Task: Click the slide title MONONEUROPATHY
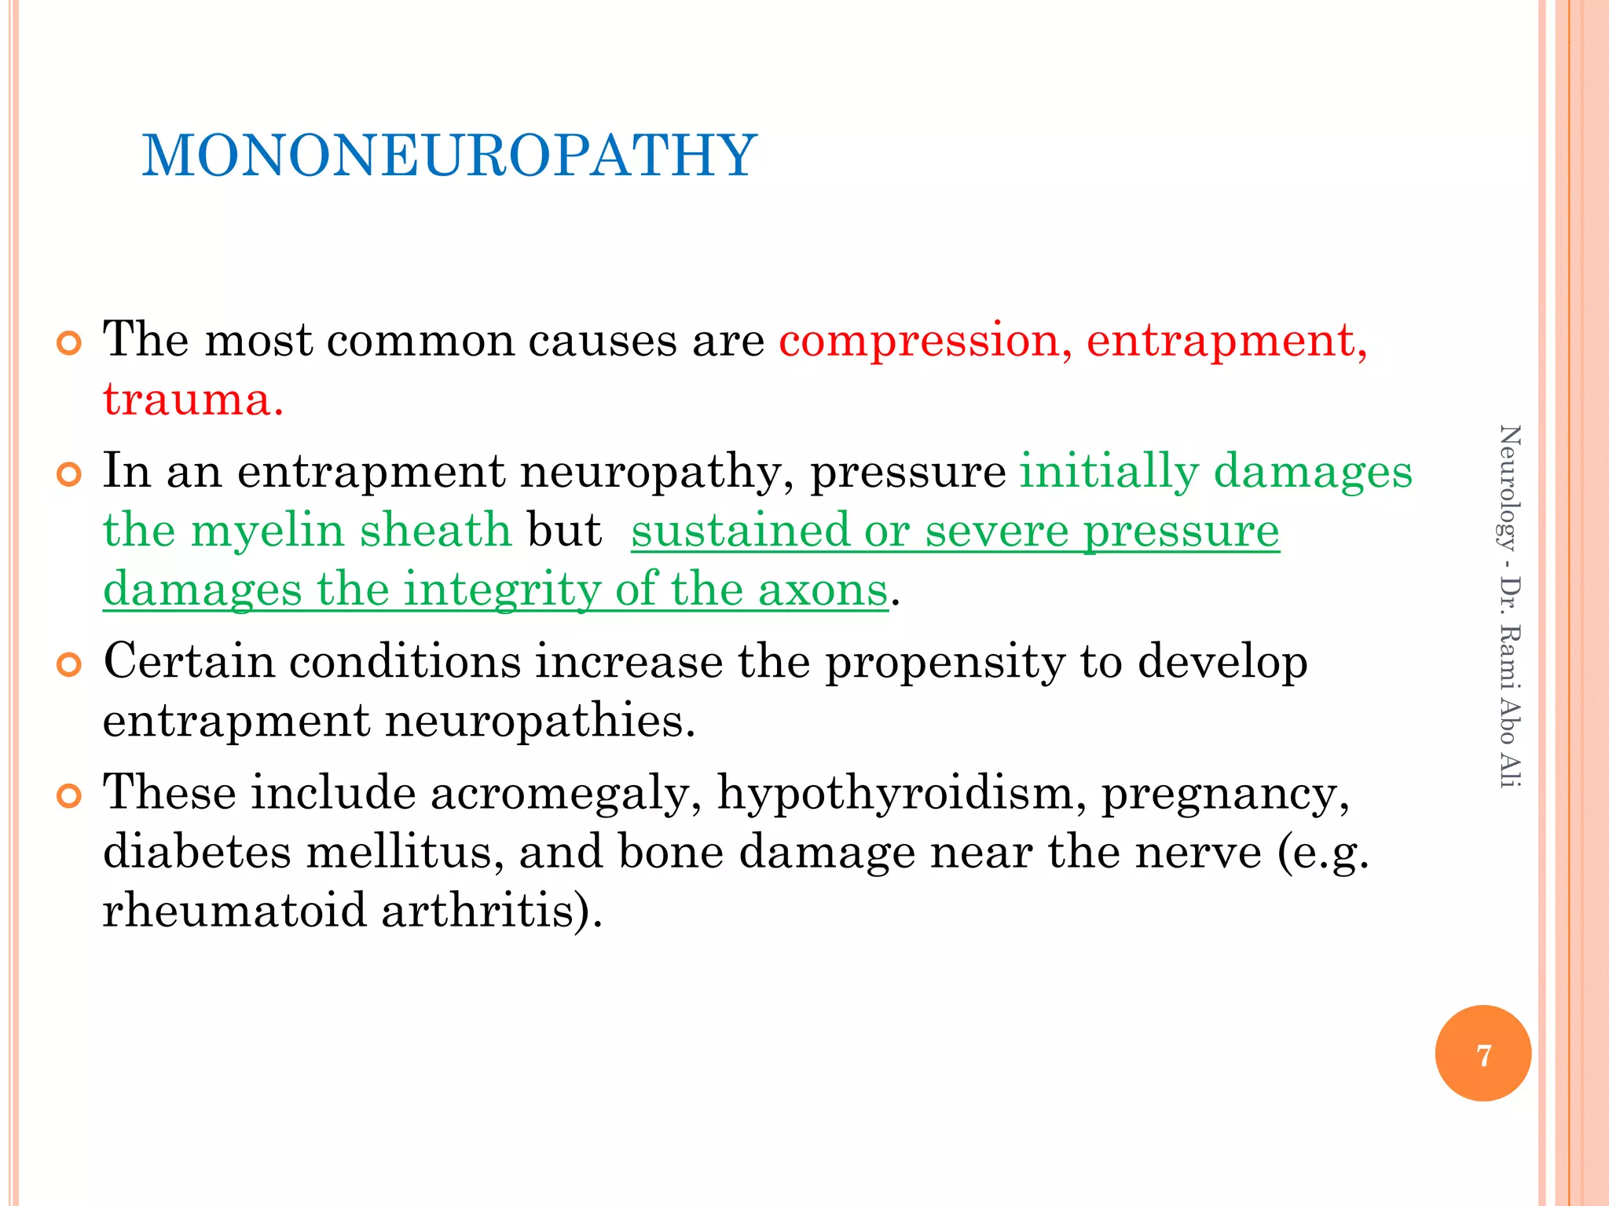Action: [449, 155]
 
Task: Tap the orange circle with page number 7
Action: [1483, 1054]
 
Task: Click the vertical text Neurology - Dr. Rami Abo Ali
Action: [1509, 605]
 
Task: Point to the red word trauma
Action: [192, 400]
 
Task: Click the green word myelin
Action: [268, 530]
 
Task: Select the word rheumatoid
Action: [234, 910]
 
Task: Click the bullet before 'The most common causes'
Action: [69, 344]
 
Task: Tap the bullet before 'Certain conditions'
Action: [69, 665]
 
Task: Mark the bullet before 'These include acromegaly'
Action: [69, 796]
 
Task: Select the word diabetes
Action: [197, 851]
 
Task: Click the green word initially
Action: [1109, 471]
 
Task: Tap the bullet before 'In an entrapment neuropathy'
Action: [69, 475]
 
